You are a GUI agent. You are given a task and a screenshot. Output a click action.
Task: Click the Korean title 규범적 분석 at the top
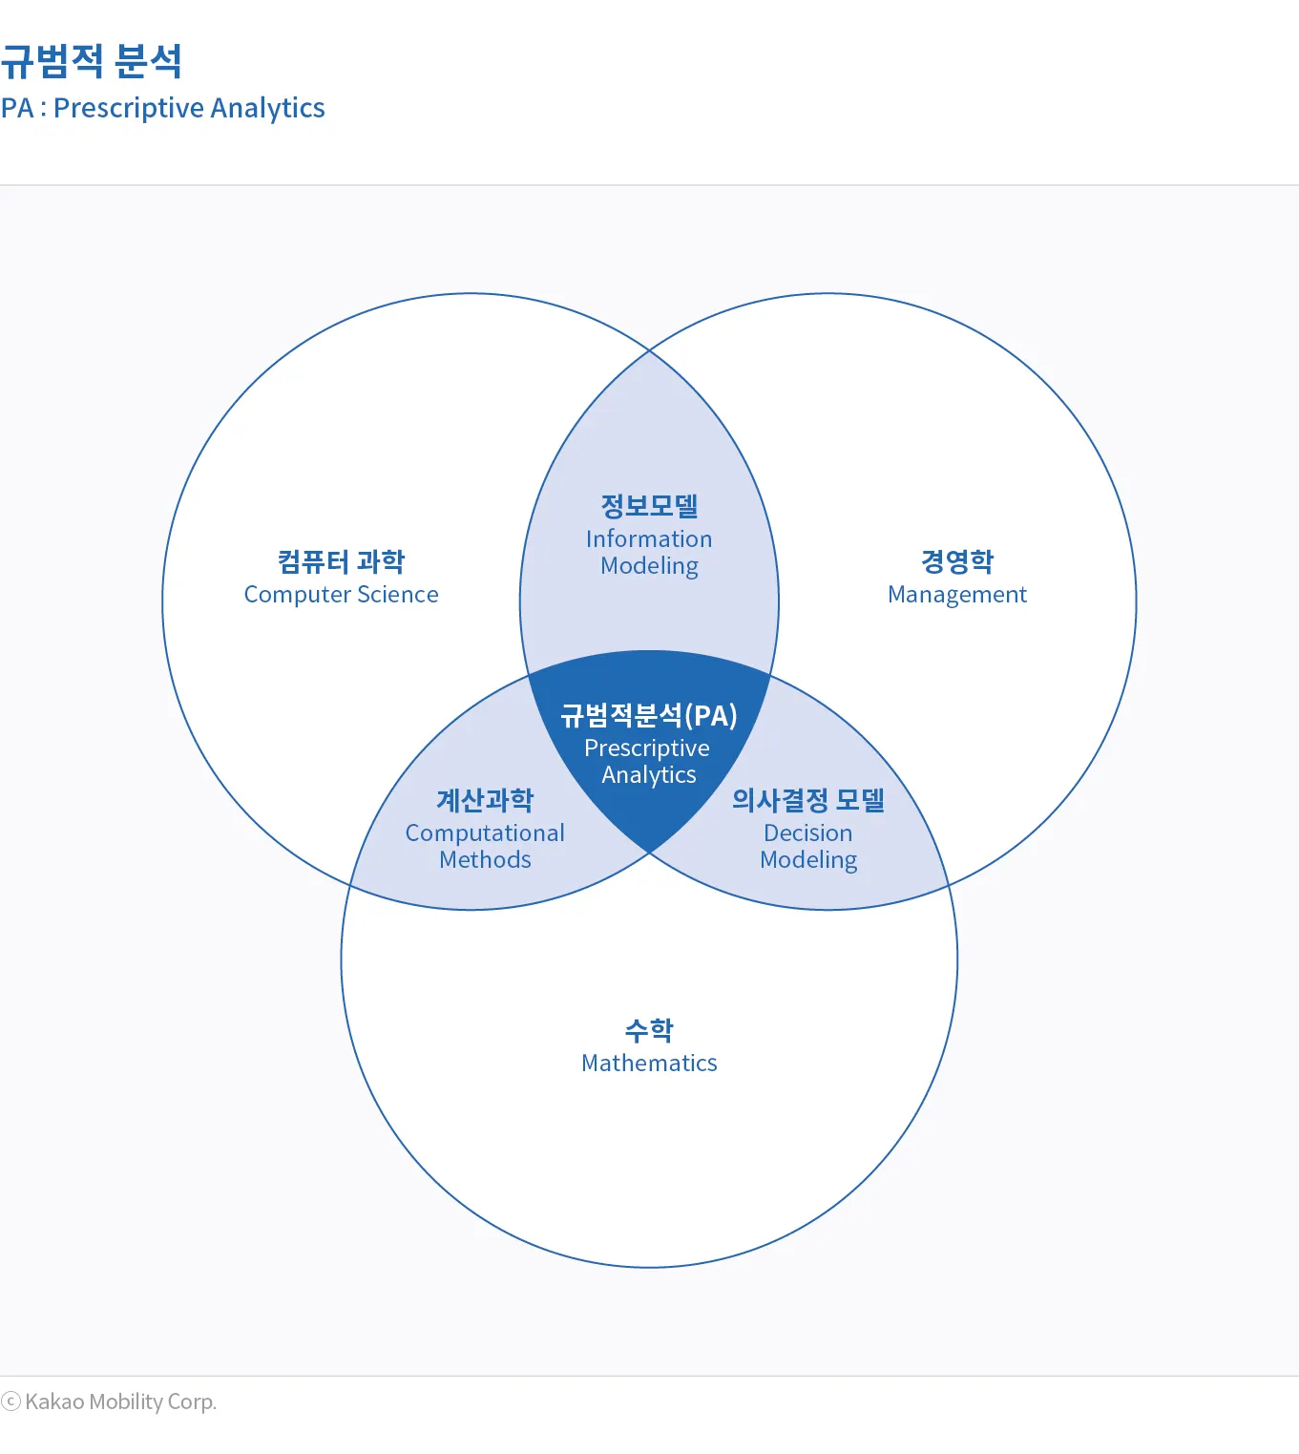pyautogui.click(x=92, y=62)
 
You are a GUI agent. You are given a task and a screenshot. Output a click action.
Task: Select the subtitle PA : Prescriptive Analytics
pyautogui.click(x=163, y=108)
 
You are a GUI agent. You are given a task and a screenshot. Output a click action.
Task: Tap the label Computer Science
pyautogui.click(x=341, y=595)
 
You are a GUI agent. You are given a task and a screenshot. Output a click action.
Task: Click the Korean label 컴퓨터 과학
pyautogui.click(x=341, y=561)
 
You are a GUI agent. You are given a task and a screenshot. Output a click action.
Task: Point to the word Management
pyautogui.click(x=956, y=595)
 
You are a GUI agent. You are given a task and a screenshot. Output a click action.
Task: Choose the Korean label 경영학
pyautogui.click(x=956, y=561)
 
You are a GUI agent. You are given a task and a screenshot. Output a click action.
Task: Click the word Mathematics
pyautogui.click(x=649, y=1064)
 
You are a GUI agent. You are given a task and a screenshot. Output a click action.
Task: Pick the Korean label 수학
pyautogui.click(x=649, y=1030)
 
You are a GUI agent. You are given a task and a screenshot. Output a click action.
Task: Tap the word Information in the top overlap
pyautogui.click(x=649, y=539)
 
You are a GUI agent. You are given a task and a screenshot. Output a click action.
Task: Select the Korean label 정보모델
pyautogui.click(x=649, y=506)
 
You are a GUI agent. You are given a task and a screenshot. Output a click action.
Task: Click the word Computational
pyautogui.click(x=485, y=833)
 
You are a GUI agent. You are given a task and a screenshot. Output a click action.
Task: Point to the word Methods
pyautogui.click(x=485, y=860)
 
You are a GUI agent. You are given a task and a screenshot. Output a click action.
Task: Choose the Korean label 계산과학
pyautogui.click(x=485, y=800)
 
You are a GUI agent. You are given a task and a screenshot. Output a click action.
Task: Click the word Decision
pyautogui.click(x=807, y=833)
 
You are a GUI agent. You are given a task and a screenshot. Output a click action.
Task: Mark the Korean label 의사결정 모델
pyautogui.click(x=807, y=800)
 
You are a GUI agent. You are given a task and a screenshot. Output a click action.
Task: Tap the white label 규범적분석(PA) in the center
pyautogui.click(x=649, y=715)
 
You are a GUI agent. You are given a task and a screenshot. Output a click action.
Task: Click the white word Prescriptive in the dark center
pyautogui.click(x=647, y=748)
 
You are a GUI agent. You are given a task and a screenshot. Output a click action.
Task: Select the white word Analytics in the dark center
pyautogui.click(x=649, y=775)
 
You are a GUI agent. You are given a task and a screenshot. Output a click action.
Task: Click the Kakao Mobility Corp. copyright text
pyautogui.click(x=120, y=1401)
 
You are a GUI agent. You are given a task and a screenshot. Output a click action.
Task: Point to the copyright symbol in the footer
pyautogui.click(x=11, y=1401)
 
